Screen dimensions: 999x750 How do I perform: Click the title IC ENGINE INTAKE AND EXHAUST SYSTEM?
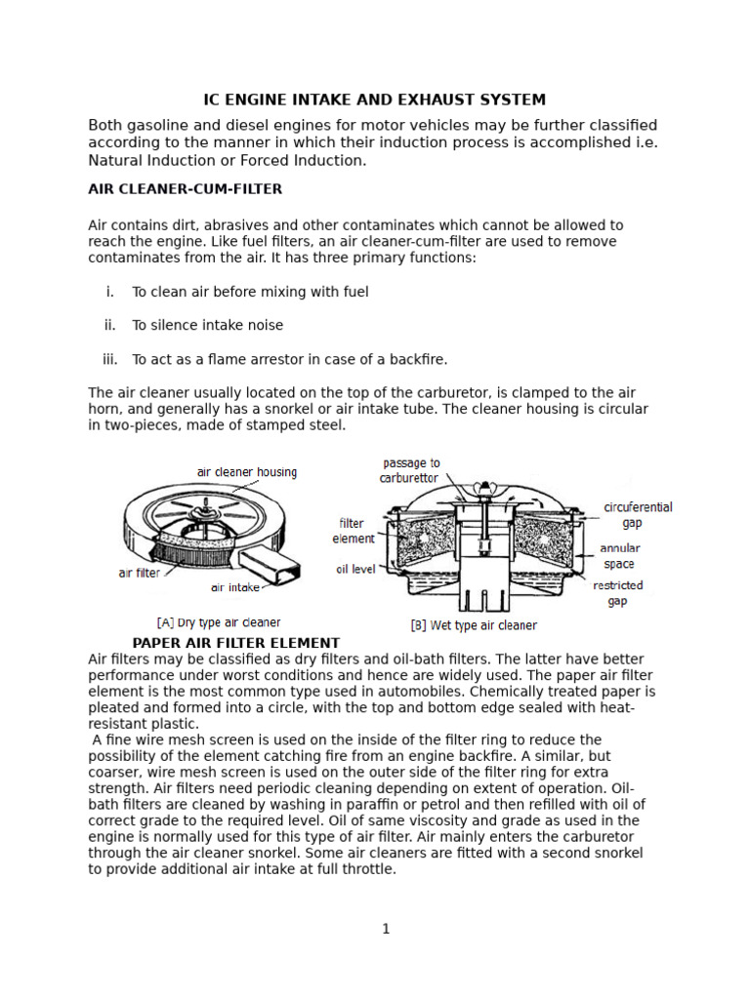click(374, 100)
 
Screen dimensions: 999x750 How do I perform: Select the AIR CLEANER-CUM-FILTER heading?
click(186, 188)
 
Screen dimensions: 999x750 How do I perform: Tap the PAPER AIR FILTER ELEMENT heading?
click(235, 643)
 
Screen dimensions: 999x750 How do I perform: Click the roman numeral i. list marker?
click(110, 292)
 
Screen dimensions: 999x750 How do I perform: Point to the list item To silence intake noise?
click(207, 325)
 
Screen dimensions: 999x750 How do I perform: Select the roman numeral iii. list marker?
click(109, 359)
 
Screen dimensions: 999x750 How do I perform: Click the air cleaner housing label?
click(246, 472)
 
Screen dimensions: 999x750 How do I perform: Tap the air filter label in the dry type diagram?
click(139, 573)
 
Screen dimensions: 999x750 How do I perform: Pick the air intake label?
click(234, 587)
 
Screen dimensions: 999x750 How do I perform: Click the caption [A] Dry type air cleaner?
click(218, 621)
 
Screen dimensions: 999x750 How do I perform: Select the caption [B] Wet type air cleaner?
click(473, 624)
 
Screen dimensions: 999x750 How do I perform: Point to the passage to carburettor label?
click(410, 470)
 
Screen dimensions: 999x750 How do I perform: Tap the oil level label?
click(355, 569)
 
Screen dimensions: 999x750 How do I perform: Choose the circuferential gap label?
click(638, 515)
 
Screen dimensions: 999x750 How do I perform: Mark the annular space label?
click(619, 556)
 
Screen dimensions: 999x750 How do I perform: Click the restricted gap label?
click(617, 593)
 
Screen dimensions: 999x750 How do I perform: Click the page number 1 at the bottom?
click(386, 929)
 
